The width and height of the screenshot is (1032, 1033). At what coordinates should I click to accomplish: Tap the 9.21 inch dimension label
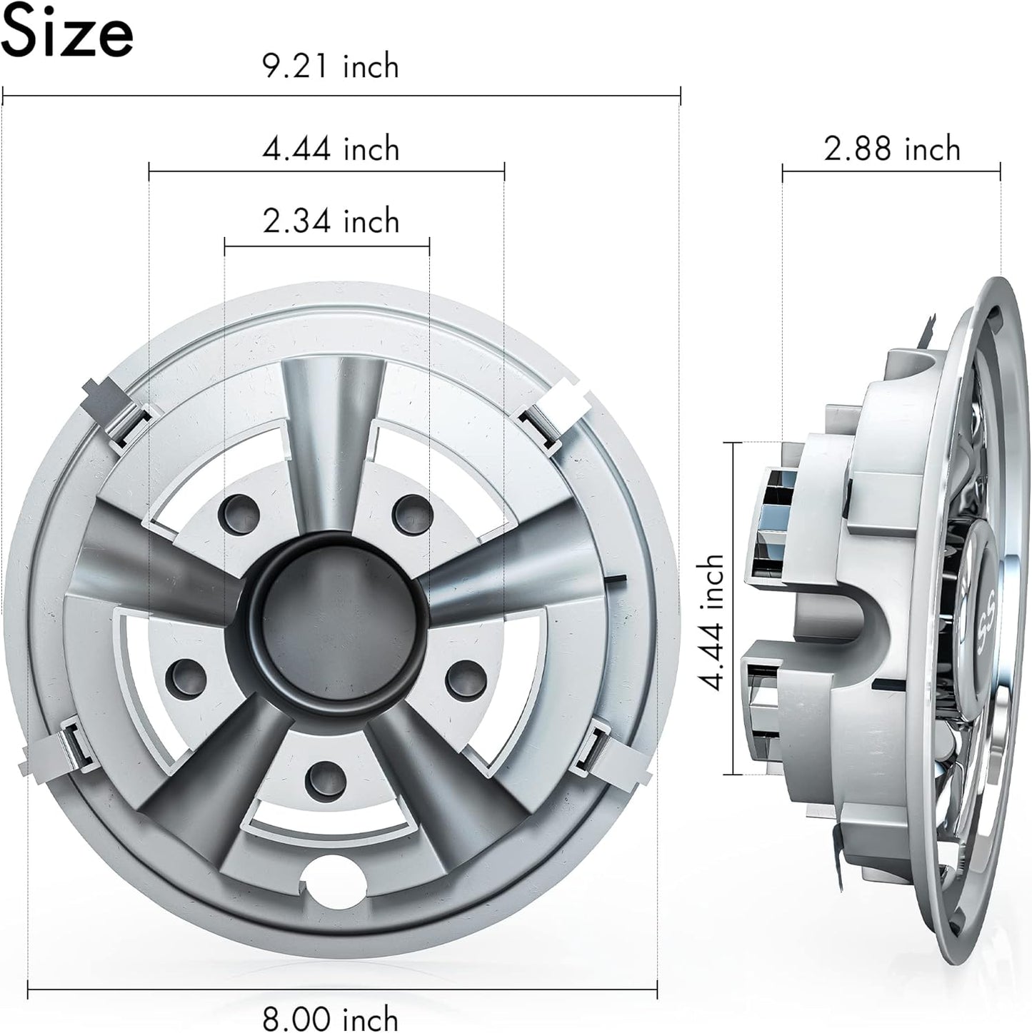[331, 66]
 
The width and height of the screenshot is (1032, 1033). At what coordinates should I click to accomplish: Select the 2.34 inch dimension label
[331, 221]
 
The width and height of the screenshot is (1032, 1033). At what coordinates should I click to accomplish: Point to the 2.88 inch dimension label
[892, 149]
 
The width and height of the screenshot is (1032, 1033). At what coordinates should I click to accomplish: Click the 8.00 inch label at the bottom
[331, 1017]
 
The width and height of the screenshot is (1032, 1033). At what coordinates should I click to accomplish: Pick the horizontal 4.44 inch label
[331, 149]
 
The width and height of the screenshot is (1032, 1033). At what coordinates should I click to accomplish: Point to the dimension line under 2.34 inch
[327, 246]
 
